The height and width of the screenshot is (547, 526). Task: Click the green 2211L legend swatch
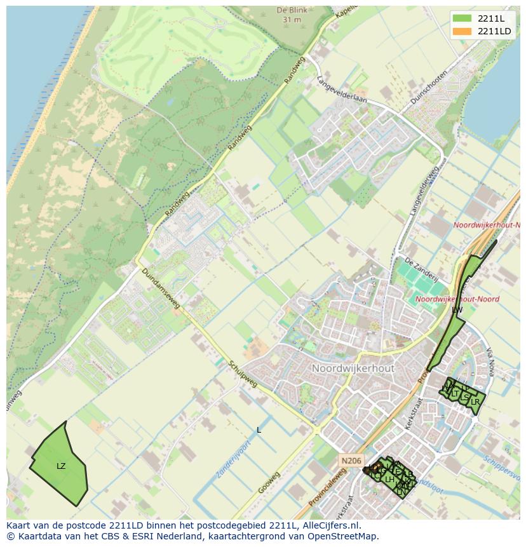pos(462,18)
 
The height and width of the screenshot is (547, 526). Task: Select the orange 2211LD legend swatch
pos(462,31)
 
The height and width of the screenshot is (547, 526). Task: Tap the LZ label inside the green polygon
pos(61,466)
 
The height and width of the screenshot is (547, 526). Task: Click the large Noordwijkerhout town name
pos(353,368)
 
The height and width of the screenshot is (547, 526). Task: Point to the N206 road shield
pos(351,461)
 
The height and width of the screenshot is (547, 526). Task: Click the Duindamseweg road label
pos(161,288)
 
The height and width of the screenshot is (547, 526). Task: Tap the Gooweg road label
pos(269,483)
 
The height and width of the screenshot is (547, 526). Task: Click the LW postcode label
pos(457,310)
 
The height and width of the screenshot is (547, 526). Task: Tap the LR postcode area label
pos(475,402)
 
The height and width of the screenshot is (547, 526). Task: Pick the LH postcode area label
pos(389,480)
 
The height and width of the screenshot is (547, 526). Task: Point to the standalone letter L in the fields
pos(259,430)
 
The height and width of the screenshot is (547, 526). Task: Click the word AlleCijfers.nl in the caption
pos(330,525)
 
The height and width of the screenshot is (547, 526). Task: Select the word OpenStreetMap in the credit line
pos(346,536)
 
